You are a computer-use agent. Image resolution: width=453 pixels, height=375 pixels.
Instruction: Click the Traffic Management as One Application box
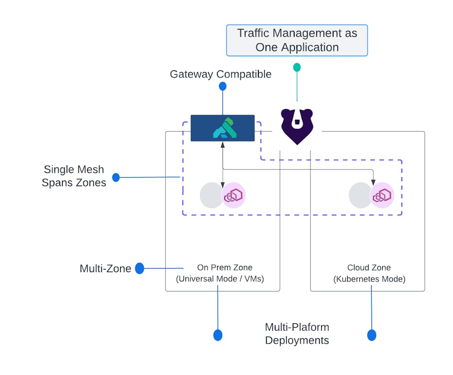[x=297, y=40]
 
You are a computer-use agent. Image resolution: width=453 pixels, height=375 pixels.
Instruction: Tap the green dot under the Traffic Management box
[x=297, y=67]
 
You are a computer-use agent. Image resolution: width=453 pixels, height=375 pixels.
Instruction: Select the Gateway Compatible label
[x=220, y=74]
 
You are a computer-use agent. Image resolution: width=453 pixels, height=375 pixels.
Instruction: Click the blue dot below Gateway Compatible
[x=223, y=86]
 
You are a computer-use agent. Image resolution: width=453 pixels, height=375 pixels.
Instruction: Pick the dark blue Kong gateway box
[x=223, y=128]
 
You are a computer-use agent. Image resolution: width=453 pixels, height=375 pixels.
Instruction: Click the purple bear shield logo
[x=297, y=126]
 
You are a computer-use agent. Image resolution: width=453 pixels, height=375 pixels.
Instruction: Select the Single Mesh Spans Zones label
[x=74, y=176]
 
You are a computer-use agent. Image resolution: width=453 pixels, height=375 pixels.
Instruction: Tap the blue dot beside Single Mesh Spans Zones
[x=116, y=178]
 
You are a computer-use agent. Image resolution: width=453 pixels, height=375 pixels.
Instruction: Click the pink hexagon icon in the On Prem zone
[x=234, y=195]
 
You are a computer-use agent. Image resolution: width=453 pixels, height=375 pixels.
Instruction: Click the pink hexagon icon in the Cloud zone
[x=382, y=195]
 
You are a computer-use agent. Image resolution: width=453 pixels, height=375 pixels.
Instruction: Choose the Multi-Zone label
[x=105, y=269]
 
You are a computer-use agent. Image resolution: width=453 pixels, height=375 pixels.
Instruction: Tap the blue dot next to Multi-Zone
[x=139, y=268]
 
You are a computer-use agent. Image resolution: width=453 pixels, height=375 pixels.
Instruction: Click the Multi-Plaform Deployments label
[x=297, y=333]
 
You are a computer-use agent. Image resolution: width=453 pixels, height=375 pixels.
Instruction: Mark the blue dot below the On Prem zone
[x=218, y=335]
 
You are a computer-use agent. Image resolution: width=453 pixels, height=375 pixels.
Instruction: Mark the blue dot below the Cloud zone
[x=372, y=335]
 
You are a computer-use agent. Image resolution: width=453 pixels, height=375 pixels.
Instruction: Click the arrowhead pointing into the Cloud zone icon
[x=373, y=183]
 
